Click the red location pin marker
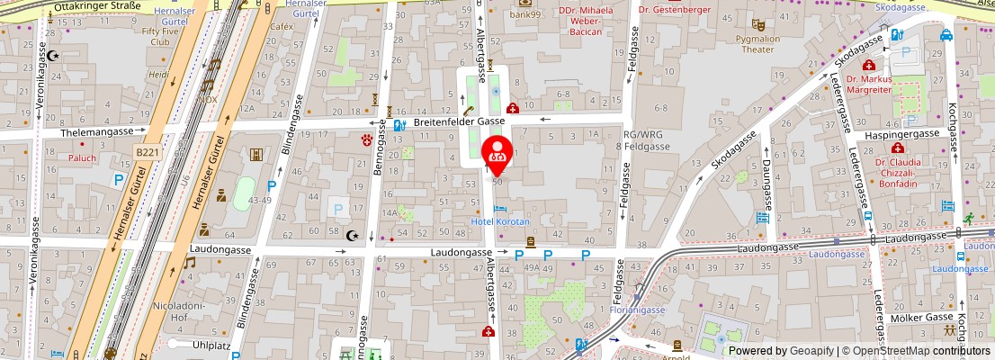[497, 153]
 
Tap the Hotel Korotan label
[501, 221]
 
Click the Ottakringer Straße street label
[97, 6]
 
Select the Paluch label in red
[82, 157]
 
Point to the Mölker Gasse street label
[920, 318]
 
